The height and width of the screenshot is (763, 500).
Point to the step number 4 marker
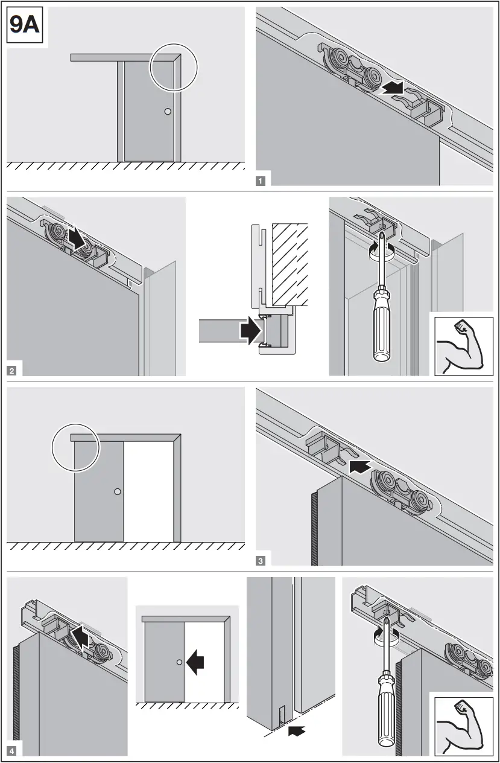(x=13, y=751)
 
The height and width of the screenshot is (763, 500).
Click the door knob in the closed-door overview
(x=167, y=112)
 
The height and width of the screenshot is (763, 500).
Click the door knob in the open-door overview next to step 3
(x=118, y=492)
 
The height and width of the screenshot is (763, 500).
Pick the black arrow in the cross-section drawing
(x=250, y=331)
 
